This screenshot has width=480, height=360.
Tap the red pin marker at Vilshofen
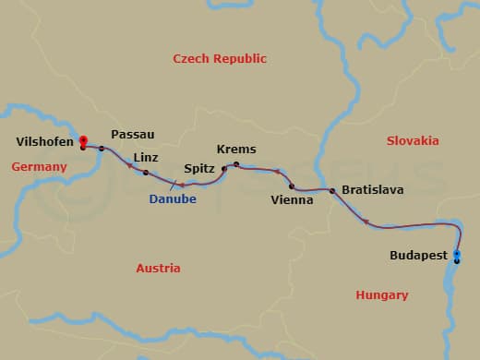coord(83,141)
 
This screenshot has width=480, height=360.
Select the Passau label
coord(132,134)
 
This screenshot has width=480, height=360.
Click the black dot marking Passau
coord(102,148)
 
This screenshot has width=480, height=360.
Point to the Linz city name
coord(146,158)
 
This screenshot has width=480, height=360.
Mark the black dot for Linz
coord(146,173)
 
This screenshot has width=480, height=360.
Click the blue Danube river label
coord(173,198)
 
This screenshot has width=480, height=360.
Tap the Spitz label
coord(199,169)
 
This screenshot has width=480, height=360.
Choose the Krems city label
coord(236,150)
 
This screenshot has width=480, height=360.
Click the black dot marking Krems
coord(236,164)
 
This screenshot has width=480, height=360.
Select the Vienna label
coord(292,199)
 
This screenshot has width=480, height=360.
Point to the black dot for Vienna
coord(292,186)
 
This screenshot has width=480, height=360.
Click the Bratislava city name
coord(372,189)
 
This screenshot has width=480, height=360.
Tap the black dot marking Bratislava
coord(332,191)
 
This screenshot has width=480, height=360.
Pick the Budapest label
coord(418,255)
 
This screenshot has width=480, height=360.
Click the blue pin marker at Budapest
coord(457,253)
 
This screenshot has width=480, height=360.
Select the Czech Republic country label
coord(220,59)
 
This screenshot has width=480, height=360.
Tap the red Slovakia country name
coord(412,141)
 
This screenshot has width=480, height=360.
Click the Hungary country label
coord(381,295)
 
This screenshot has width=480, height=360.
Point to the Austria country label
coord(158,268)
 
